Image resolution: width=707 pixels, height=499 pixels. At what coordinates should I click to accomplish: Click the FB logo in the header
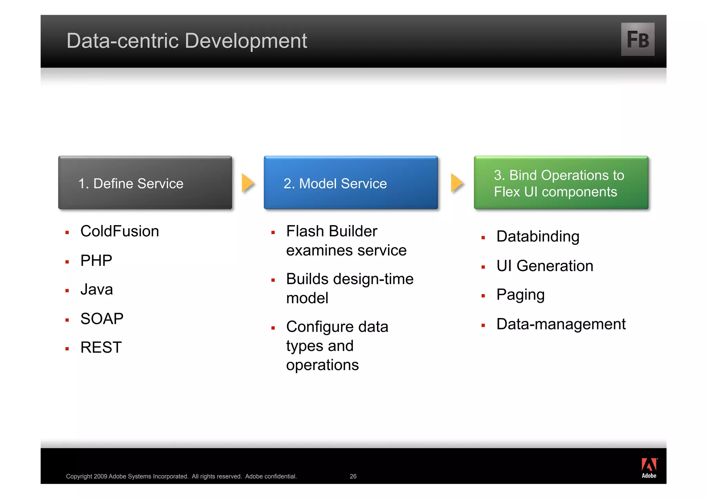[637, 39]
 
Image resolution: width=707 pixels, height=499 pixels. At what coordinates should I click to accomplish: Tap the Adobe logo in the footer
[649, 468]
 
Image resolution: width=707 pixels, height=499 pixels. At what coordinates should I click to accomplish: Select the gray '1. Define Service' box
[145, 183]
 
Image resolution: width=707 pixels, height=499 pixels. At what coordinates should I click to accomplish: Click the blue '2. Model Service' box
[351, 183]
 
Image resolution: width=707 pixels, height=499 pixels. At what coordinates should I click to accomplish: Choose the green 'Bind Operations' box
[561, 183]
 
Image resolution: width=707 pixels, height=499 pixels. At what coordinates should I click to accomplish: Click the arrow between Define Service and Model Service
[248, 183]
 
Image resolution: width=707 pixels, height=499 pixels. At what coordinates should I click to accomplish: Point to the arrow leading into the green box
[457, 183]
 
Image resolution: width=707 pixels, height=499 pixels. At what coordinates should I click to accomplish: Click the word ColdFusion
[119, 231]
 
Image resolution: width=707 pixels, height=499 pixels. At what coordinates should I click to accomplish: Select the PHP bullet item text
[96, 260]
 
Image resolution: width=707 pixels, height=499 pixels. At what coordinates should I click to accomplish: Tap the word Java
[96, 289]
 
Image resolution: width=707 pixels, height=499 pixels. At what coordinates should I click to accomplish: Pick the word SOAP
[102, 319]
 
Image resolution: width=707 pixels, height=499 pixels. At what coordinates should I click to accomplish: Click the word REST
[101, 347]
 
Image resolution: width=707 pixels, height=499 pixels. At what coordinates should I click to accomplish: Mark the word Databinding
[537, 237]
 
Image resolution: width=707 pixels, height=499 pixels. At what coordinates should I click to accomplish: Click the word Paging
[520, 295]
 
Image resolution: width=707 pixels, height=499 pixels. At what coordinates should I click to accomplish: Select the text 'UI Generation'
[544, 266]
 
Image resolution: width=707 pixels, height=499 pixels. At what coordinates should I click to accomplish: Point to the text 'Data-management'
[561, 324]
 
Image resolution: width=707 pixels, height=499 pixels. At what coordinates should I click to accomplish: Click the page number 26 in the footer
[353, 476]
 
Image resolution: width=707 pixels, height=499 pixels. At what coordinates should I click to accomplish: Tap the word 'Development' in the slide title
[245, 41]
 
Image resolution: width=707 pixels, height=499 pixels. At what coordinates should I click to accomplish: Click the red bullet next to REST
[67, 349]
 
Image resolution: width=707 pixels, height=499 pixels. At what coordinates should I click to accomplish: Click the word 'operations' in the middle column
[322, 365]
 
